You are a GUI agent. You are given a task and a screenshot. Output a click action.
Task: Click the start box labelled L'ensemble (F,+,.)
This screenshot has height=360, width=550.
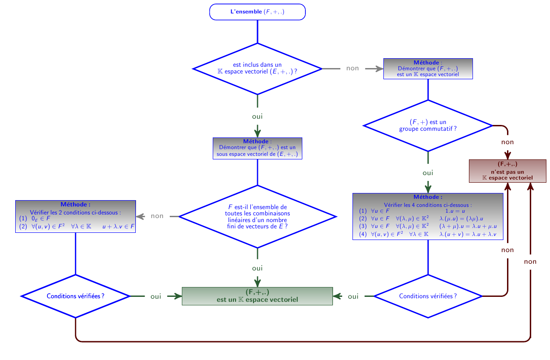tap(258, 12)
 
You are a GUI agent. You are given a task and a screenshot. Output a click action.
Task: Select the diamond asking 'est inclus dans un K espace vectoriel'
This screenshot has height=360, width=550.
tap(258, 69)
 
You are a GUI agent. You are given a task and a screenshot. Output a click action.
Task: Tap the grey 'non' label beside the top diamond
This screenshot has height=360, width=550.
tap(352, 68)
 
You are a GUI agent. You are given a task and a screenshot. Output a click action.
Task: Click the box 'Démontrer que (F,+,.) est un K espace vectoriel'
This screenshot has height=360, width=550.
tap(428, 69)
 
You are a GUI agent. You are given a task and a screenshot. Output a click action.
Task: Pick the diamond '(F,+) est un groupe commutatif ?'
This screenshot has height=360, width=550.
tap(428, 125)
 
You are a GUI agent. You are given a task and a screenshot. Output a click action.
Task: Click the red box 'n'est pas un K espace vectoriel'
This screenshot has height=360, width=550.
tap(507, 171)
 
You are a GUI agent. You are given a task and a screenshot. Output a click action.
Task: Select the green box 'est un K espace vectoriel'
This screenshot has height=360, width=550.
tap(258, 296)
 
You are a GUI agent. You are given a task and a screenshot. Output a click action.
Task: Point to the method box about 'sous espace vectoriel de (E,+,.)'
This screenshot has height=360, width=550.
tap(258, 148)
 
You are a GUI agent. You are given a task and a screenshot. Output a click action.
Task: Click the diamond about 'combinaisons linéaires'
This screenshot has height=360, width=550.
tap(258, 216)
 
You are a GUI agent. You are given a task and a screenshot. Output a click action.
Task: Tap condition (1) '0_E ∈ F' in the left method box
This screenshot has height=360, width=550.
tap(41, 219)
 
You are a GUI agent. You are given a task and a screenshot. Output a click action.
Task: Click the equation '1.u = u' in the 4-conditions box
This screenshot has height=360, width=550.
tap(455, 211)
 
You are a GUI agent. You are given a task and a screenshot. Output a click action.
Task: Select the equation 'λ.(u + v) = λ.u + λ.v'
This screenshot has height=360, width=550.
tap(468, 234)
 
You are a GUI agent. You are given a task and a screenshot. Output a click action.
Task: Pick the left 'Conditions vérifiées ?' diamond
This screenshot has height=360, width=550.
tap(75, 296)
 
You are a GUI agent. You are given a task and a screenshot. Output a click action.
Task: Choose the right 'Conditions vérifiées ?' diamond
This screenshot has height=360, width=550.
tap(428, 296)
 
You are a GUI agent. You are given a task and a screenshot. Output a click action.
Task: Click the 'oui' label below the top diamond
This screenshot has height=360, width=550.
tap(258, 116)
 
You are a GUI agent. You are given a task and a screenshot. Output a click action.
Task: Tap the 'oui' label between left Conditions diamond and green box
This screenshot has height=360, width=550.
tap(156, 296)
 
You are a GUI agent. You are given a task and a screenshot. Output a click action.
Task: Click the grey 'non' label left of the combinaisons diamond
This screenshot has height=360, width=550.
tap(157, 216)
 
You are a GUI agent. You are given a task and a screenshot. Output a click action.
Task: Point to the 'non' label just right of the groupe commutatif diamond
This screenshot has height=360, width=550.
tap(507, 142)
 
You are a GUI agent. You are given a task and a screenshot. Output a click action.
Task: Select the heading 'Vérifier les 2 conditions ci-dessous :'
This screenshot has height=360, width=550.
tap(75, 213)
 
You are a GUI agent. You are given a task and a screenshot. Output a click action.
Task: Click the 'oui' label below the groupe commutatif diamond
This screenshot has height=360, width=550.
tap(428, 173)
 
